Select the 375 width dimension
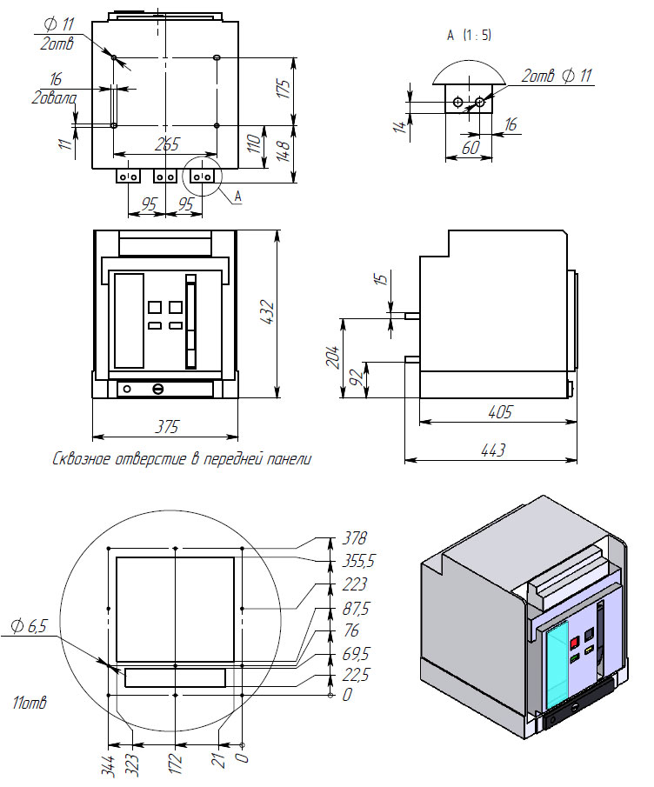pos(167,426)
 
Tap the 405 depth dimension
pos(498,411)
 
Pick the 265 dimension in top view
pos(166,143)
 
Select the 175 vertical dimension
pos(283,90)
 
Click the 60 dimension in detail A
pos(470,148)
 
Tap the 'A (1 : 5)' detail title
pos(469,36)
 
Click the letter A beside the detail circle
pos(237,197)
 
